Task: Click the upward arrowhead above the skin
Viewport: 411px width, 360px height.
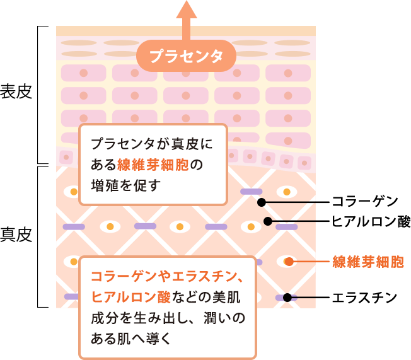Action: click(x=186, y=10)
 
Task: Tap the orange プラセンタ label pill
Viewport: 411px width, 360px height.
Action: click(x=186, y=56)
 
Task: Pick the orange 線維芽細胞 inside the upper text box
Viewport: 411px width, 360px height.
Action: click(x=153, y=165)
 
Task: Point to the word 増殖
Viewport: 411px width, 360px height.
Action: click(x=103, y=185)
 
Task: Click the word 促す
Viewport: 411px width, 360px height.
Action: click(x=145, y=185)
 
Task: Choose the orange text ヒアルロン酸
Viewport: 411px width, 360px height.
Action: click(x=132, y=297)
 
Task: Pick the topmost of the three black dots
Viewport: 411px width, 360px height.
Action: click(x=261, y=202)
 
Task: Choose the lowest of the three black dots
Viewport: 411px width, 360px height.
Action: click(x=287, y=298)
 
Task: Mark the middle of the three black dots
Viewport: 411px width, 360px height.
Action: click(x=267, y=221)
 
